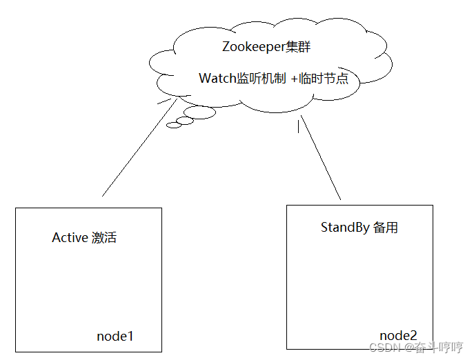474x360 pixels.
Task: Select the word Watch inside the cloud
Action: point(217,79)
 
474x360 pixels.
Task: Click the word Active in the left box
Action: point(70,238)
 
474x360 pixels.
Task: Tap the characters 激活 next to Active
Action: point(104,238)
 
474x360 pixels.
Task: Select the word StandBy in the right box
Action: point(345,228)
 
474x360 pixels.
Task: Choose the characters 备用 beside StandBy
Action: point(386,228)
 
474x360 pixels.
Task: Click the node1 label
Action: point(115,337)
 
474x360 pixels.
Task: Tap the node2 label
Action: point(398,334)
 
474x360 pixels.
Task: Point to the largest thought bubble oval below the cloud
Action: point(199,113)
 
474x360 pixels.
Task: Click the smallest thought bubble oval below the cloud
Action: point(173,126)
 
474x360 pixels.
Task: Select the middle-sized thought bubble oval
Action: point(184,121)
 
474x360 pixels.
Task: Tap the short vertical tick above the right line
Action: point(298,126)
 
